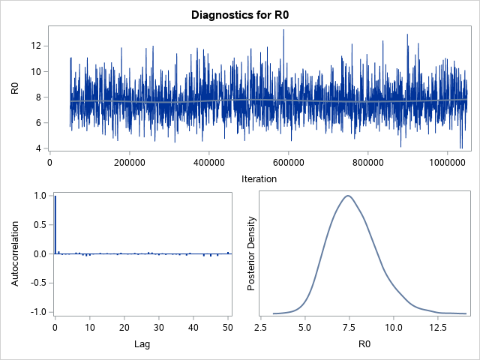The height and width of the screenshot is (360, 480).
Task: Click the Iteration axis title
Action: (259, 179)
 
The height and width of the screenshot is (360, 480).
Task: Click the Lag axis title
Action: (141, 344)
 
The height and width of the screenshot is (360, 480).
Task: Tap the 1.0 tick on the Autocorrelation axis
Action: (39, 196)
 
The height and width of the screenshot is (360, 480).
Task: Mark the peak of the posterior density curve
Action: (348, 196)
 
